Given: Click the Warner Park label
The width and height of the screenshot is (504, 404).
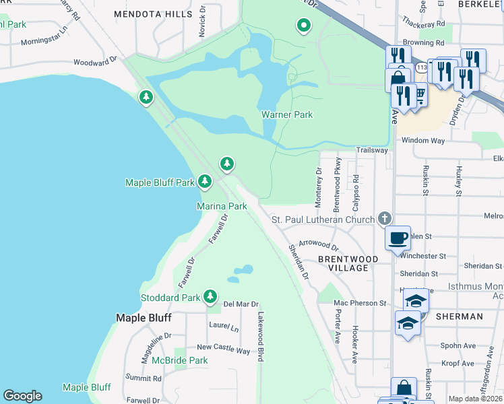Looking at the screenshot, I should click(x=287, y=114).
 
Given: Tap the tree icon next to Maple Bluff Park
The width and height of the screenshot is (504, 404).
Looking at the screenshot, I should click(x=205, y=181).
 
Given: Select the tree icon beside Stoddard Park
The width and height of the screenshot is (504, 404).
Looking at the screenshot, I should click(x=210, y=296).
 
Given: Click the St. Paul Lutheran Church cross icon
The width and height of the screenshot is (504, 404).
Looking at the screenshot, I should click(x=385, y=218).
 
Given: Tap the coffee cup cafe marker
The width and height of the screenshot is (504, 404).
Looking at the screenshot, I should click(x=398, y=237).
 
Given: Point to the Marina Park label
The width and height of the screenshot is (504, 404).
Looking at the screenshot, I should click(x=222, y=206).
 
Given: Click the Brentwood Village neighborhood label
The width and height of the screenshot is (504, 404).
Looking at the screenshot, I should click(x=343, y=263).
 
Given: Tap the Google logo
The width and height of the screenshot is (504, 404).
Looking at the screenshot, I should click(x=22, y=396).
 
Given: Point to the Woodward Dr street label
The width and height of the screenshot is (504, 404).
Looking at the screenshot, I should click(x=96, y=61).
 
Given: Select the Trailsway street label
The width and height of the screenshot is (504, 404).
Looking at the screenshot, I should click(x=372, y=150).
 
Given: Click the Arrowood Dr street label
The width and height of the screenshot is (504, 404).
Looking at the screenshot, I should click(x=318, y=243).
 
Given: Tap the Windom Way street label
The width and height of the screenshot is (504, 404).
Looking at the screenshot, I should click(x=423, y=140).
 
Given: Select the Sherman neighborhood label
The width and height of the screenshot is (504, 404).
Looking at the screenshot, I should click(x=459, y=316).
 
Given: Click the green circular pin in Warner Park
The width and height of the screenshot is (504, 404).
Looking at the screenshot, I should click(x=303, y=26).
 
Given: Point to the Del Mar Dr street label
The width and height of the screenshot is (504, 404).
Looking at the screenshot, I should click(x=241, y=304).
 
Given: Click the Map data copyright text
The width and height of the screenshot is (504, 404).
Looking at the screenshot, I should click(x=476, y=399).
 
